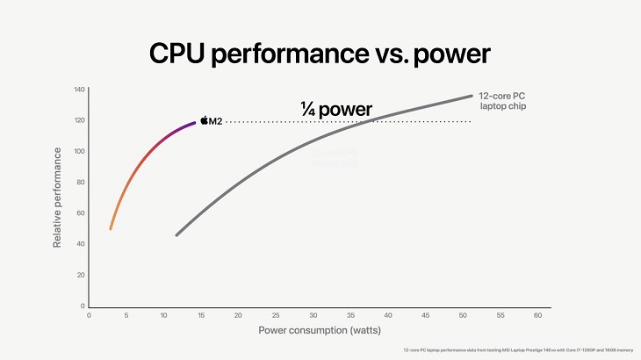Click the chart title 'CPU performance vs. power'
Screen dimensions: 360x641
coord(320,52)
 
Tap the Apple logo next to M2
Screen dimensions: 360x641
coord(204,120)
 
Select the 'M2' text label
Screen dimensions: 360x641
coord(216,120)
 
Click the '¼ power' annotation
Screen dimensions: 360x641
coord(335,110)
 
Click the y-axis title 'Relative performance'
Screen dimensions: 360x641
coord(57,198)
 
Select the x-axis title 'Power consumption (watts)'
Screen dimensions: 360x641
coord(313,331)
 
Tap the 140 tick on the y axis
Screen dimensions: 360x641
coord(79,90)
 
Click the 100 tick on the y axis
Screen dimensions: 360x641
coord(79,151)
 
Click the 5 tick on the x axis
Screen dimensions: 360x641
coord(126,314)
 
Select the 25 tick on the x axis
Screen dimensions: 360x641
coord(276,314)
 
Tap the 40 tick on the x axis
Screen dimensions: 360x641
coord(388,314)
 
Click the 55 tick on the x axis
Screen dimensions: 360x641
coord(501,314)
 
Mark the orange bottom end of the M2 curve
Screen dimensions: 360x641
coord(111,228)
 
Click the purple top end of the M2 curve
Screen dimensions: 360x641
coord(194,123)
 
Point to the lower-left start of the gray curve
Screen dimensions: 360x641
coord(177,234)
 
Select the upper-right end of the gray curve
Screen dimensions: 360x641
coord(472,97)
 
